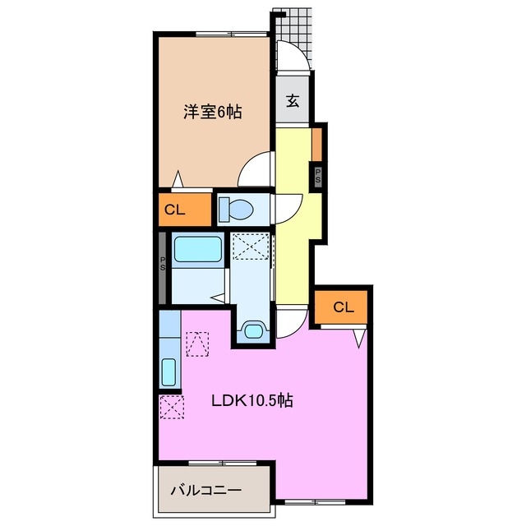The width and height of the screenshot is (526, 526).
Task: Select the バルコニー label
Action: pos(205,490)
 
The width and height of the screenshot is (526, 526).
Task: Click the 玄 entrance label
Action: pos(293,101)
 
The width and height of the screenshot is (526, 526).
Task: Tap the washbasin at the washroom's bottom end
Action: pos(251,331)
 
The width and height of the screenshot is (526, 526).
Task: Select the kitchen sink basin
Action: pos(168,373)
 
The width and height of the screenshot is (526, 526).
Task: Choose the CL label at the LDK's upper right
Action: pos(344,307)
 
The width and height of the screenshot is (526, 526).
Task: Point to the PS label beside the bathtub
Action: pos(163,265)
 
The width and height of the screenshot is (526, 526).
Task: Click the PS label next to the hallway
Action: pos(317,174)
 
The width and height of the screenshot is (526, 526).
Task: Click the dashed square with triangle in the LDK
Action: pos(198,344)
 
